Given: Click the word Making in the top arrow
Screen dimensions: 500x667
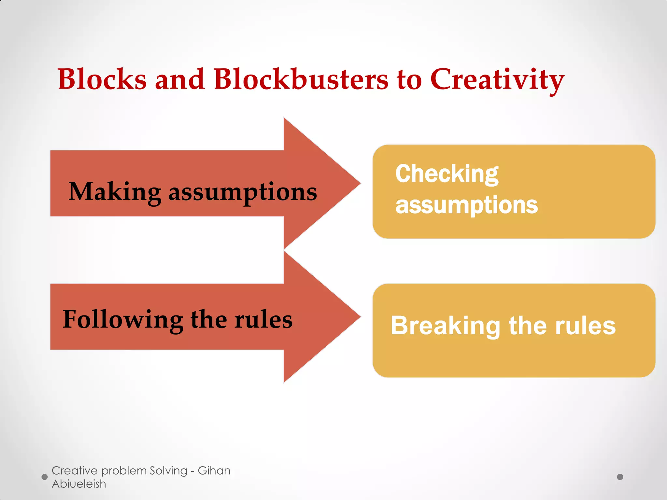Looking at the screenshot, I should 115,192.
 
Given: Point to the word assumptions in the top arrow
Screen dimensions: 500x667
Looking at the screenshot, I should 243,193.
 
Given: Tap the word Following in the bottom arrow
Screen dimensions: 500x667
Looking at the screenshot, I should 123,320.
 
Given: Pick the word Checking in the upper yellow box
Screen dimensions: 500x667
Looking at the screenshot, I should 447,174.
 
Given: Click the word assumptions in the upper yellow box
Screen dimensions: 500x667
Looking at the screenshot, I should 466,205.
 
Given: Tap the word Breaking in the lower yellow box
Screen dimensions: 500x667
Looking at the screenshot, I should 445,326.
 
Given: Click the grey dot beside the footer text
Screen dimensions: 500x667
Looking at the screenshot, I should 45,477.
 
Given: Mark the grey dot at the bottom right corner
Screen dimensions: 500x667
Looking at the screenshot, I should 620,477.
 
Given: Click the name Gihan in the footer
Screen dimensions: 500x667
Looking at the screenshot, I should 214,471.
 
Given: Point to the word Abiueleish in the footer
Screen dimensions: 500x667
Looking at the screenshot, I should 79,484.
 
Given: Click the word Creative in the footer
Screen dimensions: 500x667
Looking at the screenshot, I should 75,471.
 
